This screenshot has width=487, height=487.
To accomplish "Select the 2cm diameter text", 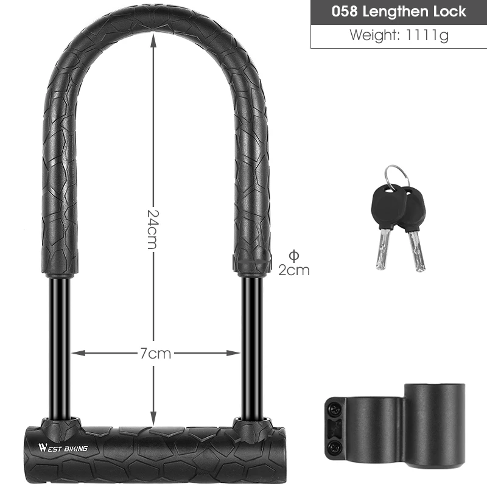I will (x=294, y=270).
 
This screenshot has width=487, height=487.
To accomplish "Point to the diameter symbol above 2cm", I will (x=293, y=255).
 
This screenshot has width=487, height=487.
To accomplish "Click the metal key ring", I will (x=397, y=175).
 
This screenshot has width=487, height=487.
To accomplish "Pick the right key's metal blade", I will (x=416, y=250).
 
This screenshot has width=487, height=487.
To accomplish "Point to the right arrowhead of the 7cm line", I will (x=233, y=352).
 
